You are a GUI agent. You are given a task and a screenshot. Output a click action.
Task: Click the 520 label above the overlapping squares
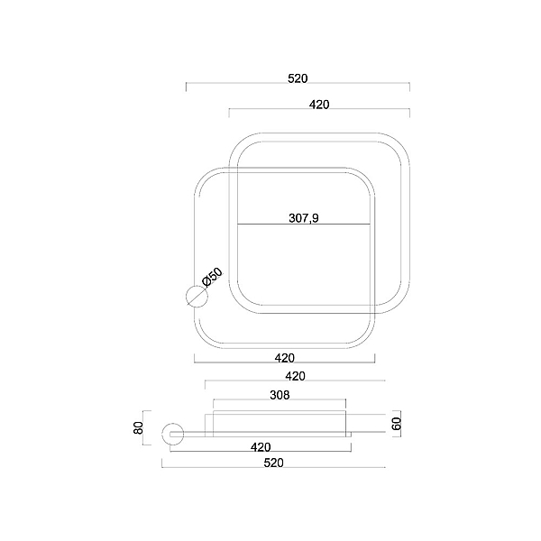(x=298, y=78)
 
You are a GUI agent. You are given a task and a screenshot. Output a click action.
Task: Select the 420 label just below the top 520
(x=319, y=105)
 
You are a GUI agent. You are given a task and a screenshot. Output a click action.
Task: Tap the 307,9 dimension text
(x=304, y=218)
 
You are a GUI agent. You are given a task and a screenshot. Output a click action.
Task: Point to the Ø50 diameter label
(x=213, y=278)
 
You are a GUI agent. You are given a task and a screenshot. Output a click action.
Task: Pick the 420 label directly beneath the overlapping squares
(x=285, y=358)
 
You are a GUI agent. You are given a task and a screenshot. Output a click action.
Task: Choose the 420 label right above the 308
(x=296, y=376)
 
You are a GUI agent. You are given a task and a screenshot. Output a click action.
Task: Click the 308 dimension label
(x=280, y=395)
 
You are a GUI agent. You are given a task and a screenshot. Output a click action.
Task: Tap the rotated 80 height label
(x=138, y=427)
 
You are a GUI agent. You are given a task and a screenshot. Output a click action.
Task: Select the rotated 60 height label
(x=397, y=424)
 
